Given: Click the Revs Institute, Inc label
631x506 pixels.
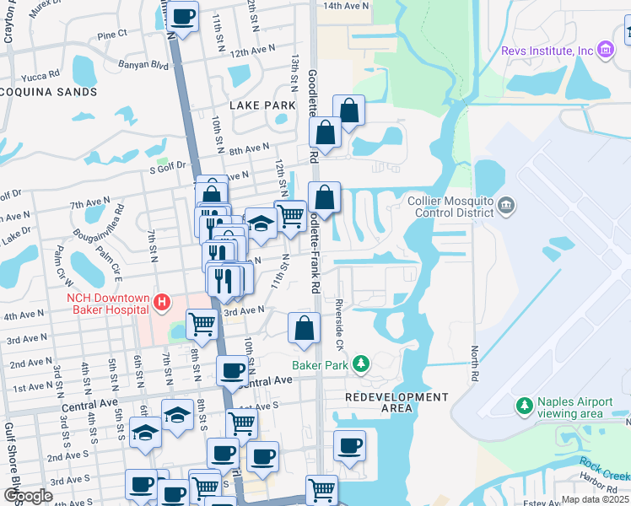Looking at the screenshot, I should pyautogui.click(x=547, y=51).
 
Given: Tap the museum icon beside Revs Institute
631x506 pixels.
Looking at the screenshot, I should pyautogui.click(x=605, y=51).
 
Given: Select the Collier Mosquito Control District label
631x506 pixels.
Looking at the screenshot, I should pyautogui.click(x=450, y=207).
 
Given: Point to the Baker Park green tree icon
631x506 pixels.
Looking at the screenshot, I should pyautogui.click(x=361, y=363).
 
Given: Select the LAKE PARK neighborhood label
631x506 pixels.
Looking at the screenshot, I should pyautogui.click(x=262, y=105).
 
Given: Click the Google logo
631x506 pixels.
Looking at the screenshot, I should pyautogui.click(x=29, y=496).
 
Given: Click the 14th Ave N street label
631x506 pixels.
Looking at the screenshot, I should pyautogui.click(x=346, y=6).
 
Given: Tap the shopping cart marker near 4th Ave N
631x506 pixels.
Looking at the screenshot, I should pyautogui.click(x=202, y=323).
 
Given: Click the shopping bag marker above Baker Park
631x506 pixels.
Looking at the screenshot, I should pyautogui.click(x=305, y=328).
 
